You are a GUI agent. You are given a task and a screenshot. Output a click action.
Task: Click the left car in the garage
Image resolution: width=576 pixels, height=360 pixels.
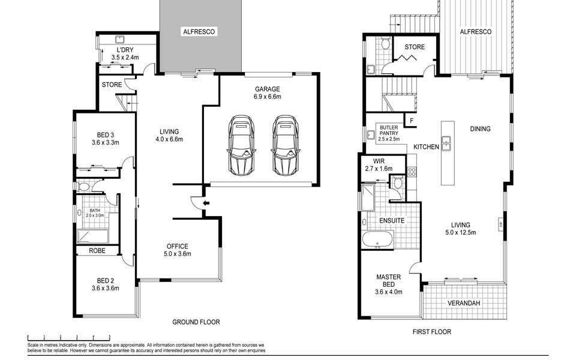[x=241, y=146]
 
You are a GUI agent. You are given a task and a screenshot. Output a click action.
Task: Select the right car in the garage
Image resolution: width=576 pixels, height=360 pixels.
[x=285, y=146]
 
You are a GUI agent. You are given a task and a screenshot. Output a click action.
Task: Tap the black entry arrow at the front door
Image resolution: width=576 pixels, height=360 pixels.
[x=206, y=203]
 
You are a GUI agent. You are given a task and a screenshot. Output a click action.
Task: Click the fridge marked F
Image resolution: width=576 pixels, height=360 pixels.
[x=412, y=120]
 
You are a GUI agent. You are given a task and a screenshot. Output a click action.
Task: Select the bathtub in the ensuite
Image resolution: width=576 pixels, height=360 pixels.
[x=377, y=240]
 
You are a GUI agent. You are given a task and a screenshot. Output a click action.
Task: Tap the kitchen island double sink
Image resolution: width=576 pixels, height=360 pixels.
[x=446, y=143]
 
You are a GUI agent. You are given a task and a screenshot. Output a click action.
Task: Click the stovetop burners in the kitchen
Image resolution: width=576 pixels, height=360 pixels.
[x=412, y=172]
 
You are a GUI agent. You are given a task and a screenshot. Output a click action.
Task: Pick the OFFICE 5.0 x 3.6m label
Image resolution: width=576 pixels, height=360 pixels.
[x=178, y=250]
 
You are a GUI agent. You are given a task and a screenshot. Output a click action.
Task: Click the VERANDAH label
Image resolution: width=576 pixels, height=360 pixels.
[x=464, y=303]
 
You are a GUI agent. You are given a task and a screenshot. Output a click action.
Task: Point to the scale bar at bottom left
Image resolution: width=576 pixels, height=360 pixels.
[x=68, y=337]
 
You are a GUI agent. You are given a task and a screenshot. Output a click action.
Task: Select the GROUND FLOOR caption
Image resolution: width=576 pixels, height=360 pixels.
[x=196, y=322]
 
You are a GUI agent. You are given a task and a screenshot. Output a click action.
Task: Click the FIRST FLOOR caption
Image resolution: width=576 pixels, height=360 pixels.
[x=431, y=332]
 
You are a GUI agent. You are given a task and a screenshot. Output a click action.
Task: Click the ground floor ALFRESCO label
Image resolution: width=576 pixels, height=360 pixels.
[x=199, y=32]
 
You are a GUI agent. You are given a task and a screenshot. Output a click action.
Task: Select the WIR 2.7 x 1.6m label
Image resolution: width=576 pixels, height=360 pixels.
[x=379, y=165]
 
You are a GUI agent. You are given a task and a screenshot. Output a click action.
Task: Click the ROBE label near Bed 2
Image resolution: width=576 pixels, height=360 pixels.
[x=97, y=251]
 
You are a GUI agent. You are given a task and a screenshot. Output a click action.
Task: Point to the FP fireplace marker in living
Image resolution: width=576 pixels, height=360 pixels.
[x=500, y=224]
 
